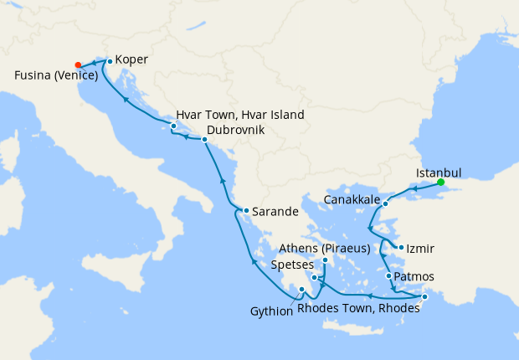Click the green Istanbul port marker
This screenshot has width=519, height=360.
click(440, 183)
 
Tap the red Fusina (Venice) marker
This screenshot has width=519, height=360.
click(78, 64)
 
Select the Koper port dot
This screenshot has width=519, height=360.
click(110, 61)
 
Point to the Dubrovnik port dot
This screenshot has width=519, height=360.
click(204, 140)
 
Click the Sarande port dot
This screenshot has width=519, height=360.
click(245, 210)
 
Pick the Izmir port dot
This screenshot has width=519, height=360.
click(402, 248)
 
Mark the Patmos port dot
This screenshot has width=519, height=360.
click(389, 276)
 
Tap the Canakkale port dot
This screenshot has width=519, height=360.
click(385, 204)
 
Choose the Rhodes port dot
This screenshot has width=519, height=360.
click(424, 296)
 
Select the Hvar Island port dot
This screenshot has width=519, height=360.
click(173, 126)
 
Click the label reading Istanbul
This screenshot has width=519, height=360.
click(439, 173)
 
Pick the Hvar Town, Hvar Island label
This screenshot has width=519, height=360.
click(239, 115)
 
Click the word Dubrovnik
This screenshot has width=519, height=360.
click(236, 131)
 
